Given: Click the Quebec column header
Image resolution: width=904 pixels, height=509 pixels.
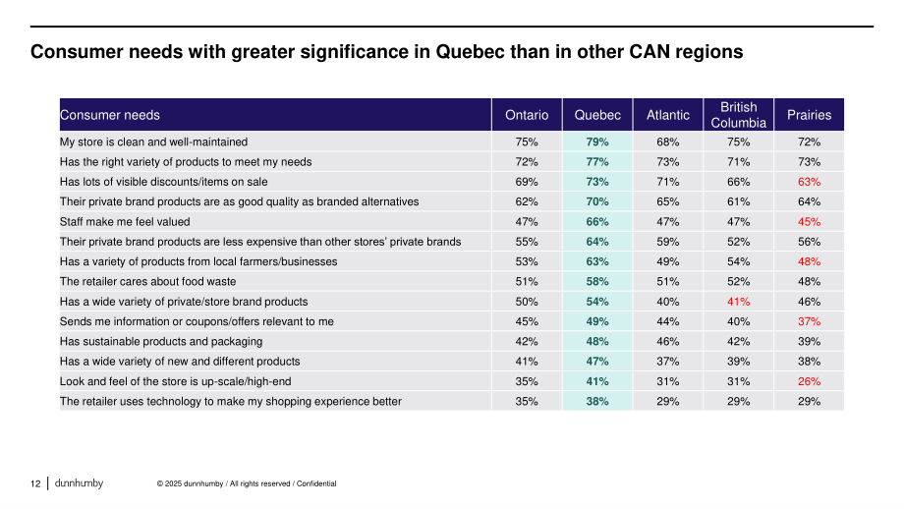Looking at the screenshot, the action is click(597, 115).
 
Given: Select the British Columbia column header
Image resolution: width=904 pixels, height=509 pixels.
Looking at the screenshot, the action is click(739, 115).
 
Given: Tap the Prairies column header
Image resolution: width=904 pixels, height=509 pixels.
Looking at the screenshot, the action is click(809, 115).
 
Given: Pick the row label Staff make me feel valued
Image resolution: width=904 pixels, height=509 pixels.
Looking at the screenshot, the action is click(125, 221).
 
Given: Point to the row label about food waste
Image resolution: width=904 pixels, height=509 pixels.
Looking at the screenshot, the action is click(147, 281).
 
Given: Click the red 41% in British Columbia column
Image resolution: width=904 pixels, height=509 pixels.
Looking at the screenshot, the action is click(739, 302).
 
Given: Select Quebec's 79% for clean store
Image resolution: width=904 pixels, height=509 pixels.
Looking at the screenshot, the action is click(597, 141).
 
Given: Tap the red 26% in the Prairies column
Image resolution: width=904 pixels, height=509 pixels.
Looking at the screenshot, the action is click(809, 381).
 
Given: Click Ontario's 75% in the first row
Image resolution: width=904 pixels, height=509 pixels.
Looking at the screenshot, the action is click(527, 141).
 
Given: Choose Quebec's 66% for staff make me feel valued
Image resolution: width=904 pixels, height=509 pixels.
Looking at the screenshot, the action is click(597, 221).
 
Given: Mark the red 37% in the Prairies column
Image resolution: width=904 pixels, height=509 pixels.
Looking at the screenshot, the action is click(809, 321).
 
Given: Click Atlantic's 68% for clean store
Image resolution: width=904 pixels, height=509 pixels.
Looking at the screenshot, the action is click(667, 141).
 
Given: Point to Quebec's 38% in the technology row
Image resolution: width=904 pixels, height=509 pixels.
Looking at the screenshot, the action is click(597, 401).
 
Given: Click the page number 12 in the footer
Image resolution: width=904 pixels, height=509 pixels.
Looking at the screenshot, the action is click(35, 483).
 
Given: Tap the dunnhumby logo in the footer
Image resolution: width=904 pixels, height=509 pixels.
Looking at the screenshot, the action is click(79, 483).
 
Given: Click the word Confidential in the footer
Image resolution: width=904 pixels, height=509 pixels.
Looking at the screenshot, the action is click(316, 483).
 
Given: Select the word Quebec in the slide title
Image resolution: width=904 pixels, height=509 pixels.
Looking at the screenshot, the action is click(470, 52).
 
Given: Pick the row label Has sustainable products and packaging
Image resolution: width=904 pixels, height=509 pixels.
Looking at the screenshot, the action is click(161, 341).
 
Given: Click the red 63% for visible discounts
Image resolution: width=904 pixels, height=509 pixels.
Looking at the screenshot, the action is click(809, 182).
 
